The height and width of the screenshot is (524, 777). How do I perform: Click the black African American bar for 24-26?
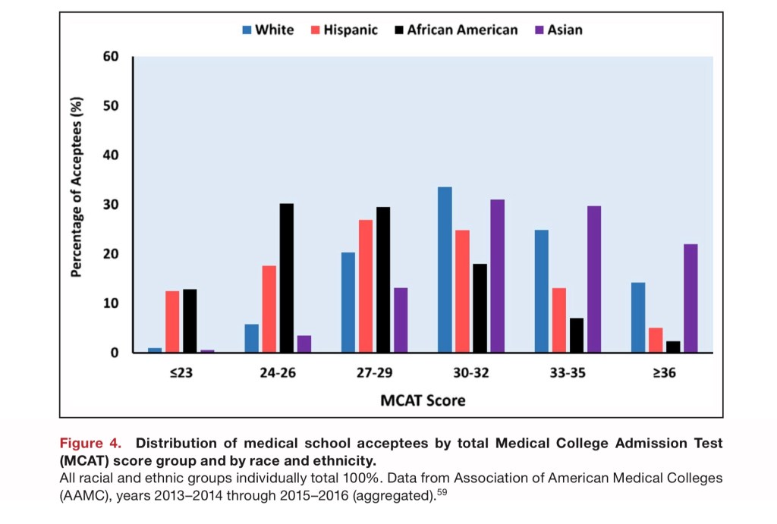coord(286,278)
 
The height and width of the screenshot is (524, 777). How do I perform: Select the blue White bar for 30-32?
coord(445,269)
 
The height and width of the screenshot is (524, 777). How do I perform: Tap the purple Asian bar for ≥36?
coord(690,298)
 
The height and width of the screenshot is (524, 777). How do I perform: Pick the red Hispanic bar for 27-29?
coord(366,286)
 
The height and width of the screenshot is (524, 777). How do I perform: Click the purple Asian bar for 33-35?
coord(593,279)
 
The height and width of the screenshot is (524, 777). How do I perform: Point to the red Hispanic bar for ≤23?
coord(172,322)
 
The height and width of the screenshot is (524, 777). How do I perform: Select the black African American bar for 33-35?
coord(577,335)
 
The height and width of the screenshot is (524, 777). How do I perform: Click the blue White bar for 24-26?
coord(251,338)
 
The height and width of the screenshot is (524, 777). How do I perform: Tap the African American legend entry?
coord(456,30)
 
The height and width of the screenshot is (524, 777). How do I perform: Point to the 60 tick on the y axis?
coord(112,56)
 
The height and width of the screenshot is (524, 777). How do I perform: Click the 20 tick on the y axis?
coord(112,254)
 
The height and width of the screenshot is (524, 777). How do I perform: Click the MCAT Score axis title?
coord(423,400)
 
